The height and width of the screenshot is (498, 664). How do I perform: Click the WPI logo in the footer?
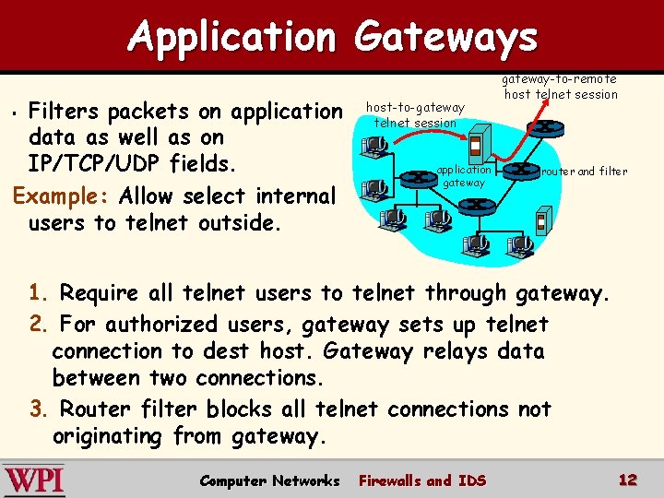(34, 480)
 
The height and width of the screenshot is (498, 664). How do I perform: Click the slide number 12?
(628, 480)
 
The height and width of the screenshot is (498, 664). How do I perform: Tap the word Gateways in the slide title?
(445, 37)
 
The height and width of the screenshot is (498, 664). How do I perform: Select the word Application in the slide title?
(232, 37)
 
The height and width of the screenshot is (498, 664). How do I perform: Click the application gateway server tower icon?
(477, 147)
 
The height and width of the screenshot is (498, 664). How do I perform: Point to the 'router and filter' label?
(584, 172)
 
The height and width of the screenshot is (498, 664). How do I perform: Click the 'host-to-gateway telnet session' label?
(415, 115)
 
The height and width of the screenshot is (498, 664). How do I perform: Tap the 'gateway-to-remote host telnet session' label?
(561, 87)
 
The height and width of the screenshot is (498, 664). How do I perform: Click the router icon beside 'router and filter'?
(528, 172)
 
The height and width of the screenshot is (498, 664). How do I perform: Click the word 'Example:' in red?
(58, 196)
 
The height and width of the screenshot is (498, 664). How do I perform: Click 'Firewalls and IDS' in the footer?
(421, 480)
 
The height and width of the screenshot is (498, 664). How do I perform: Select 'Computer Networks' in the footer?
(268, 480)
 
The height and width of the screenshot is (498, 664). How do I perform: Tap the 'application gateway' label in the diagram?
(464, 176)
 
